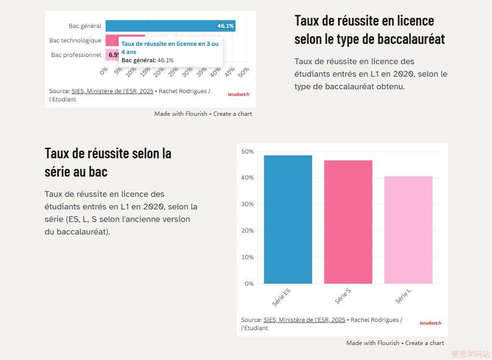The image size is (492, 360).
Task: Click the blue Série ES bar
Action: (287, 220)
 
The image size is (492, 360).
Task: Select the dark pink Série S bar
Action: (348, 222)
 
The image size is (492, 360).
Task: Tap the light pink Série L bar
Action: (408, 230)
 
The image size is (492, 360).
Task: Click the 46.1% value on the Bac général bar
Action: (225, 26)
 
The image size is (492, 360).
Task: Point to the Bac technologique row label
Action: (75, 41)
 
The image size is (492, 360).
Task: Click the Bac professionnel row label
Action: (76, 55)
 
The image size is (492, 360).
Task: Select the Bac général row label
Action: (85, 26)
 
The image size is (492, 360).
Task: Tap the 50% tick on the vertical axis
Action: (247, 152)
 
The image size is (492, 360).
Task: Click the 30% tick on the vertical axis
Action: (247, 204)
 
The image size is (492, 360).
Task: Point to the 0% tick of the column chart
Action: (249, 284)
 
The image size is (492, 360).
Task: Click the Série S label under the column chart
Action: (342, 296)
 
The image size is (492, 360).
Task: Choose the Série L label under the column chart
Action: (403, 296)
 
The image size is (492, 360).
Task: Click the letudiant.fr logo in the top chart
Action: (239, 95)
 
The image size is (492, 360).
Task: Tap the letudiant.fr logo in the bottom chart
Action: (430, 323)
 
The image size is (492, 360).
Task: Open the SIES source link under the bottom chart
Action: (304, 320)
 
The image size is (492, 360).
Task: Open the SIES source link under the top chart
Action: (112, 91)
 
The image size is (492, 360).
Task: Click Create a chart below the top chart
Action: (232, 114)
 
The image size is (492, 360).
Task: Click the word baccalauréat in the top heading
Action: (411, 39)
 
